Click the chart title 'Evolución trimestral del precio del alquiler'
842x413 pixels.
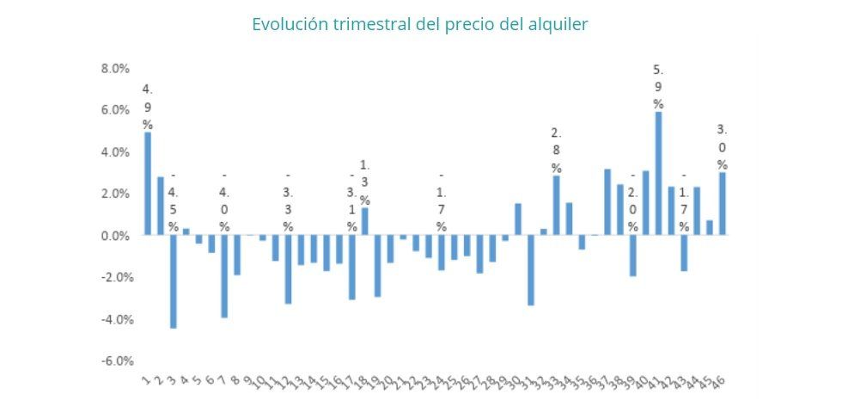point(420,24)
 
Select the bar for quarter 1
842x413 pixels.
point(148,183)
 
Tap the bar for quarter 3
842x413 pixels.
point(173,281)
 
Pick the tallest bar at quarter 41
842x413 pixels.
point(659,173)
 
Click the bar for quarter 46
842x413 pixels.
point(723,203)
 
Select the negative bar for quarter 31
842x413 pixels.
point(531,269)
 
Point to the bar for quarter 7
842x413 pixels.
point(224,276)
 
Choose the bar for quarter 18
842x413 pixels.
point(364,221)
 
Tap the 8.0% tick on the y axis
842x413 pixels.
point(116,68)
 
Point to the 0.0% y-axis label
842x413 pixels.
point(116,236)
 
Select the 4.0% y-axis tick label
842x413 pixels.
point(116,152)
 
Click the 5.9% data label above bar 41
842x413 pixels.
point(659,86)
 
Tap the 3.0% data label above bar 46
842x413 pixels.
point(723,147)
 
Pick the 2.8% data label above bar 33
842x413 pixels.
point(557,150)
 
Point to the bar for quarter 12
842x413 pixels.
point(288,268)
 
